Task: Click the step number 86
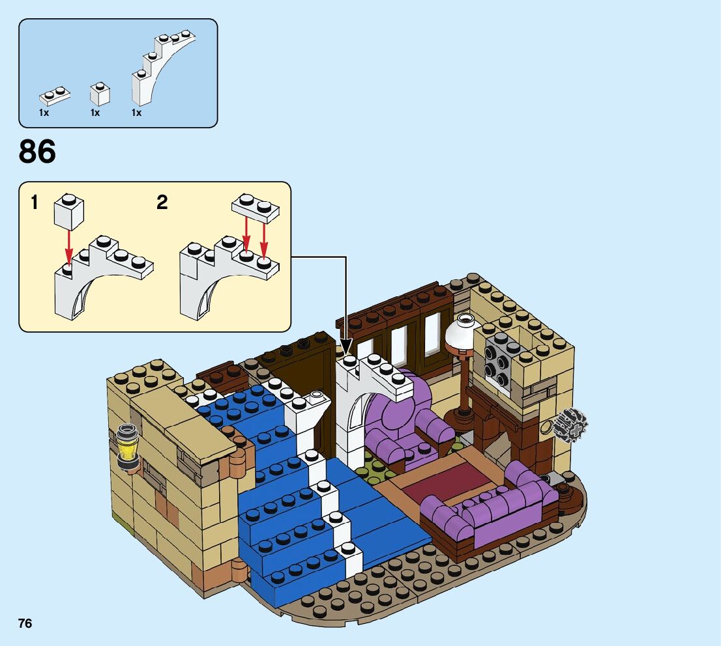(x=38, y=152)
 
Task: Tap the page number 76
(x=25, y=623)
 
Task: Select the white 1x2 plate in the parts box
(x=55, y=96)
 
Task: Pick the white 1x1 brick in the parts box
(x=100, y=94)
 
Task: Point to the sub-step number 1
(x=34, y=203)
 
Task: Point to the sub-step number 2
(x=162, y=203)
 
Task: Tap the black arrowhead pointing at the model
(x=346, y=346)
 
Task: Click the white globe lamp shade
(x=463, y=332)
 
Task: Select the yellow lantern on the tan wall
(x=127, y=446)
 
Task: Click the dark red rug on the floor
(x=447, y=483)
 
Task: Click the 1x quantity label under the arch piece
(x=137, y=113)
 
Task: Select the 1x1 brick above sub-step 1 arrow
(x=68, y=210)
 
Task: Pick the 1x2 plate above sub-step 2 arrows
(x=256, y=207)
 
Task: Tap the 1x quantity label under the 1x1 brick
(x=95, y=113)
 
